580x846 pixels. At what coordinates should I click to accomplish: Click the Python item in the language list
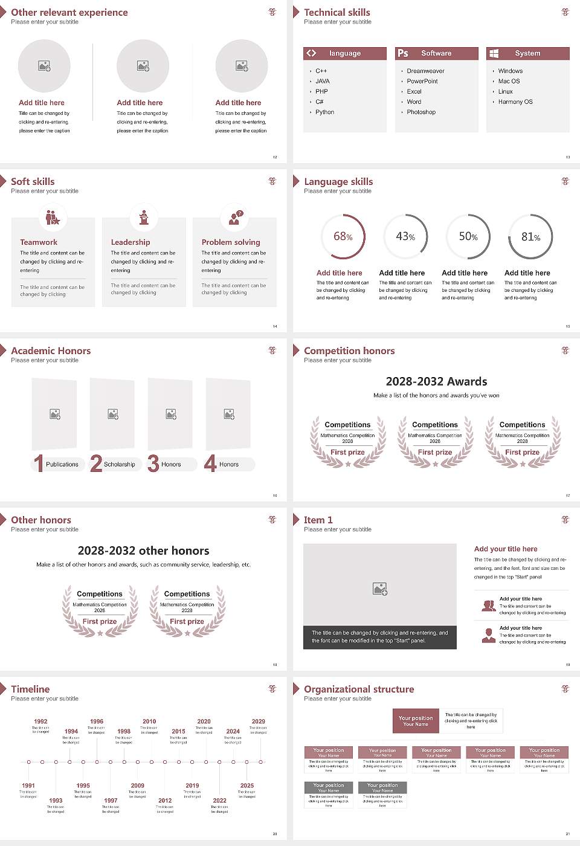tap(324, 112)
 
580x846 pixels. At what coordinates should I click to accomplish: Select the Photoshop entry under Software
tap(421, 112)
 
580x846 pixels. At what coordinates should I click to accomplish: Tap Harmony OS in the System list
tap(515, 102)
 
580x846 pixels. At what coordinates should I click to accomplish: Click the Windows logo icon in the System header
tap(494, 53)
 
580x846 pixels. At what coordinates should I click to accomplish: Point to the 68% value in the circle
tap(343, 237)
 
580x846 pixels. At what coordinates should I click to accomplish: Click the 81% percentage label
tap(530, 237)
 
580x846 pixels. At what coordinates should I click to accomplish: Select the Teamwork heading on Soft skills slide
tap(39, 242)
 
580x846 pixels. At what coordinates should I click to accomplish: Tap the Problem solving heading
tap(231, 242)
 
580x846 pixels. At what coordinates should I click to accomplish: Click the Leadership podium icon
tap(144, 217)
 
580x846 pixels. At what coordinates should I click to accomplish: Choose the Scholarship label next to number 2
tap(119, 465)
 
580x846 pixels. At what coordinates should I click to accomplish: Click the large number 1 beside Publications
tap(39, 463)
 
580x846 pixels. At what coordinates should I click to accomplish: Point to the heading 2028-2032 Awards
tap(436, 382)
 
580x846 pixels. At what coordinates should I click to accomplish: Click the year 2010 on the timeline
tap(149, 722)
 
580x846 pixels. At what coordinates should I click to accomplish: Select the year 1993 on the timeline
tap(56, 801)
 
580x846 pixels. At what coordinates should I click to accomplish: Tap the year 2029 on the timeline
tap(258, 722)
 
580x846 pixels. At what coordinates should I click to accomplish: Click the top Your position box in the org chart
tap(416, 721)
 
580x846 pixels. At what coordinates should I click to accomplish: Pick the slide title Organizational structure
tap(359, 689)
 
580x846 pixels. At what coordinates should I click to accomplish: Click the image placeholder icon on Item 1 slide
tap(380, 589)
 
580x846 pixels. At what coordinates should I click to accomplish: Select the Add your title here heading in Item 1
tap(506, 549)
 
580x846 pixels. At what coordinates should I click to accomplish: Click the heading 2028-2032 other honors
tap(143, 551)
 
